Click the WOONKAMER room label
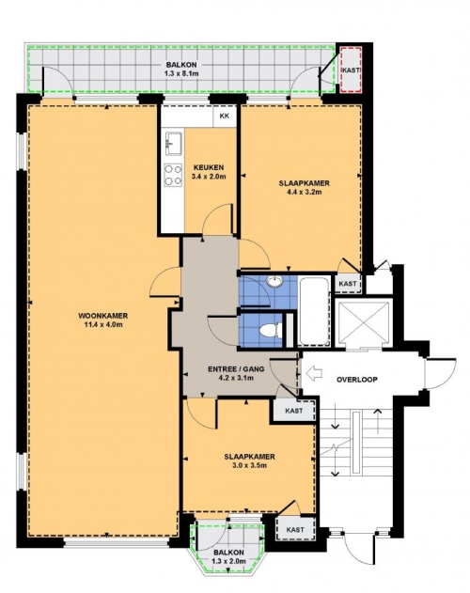click(103, 316)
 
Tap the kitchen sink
click(173, 144)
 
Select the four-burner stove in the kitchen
click(173, 175)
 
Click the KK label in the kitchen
click(225, 117)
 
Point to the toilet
click(271, 330)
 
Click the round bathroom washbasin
click(274, 281)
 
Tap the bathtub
click(314, 311)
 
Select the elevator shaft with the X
click(363, 322)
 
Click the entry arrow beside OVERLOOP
click(314, 374)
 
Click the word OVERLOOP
click(357, 380)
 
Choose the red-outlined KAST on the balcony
click(351, 70)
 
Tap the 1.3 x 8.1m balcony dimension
click(181, 73)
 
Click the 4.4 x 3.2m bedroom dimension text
click(305, 192)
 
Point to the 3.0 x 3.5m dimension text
click(249, 465)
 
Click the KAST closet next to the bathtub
click(348, 283)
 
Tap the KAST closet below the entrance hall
click(294, 411)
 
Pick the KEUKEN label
click(209, 167)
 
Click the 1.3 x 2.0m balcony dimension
click(229, 561)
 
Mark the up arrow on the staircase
click(378, 421)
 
